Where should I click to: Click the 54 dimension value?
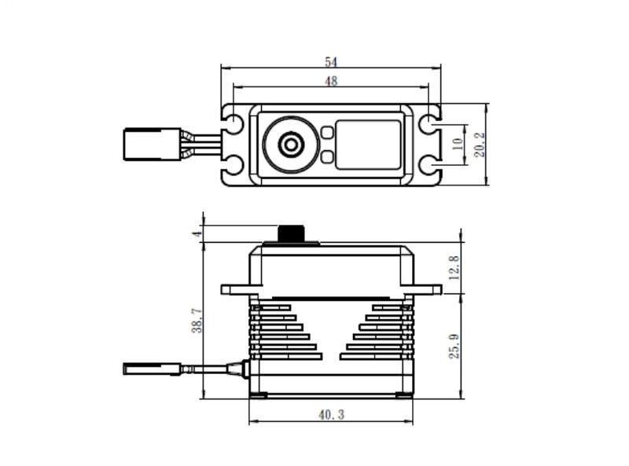pyautogui.click(x=331, y=62)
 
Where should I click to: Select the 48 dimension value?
pyautogui.click(x=331, y=82)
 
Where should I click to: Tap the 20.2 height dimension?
pyautogui.click(x=480, y=145)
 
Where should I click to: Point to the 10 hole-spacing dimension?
pyautogui.click(x=458, y=145)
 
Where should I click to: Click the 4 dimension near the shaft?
pyautogui.click(x=198, y=233)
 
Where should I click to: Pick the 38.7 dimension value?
pyautogui.click(x=197, y=321)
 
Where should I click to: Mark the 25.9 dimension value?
pyautogui.click(x=454, y=346)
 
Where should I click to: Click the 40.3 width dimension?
pyautogui.click(x=331, y=414)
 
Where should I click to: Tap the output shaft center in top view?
pyautogui.click(x=291, y=145)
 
